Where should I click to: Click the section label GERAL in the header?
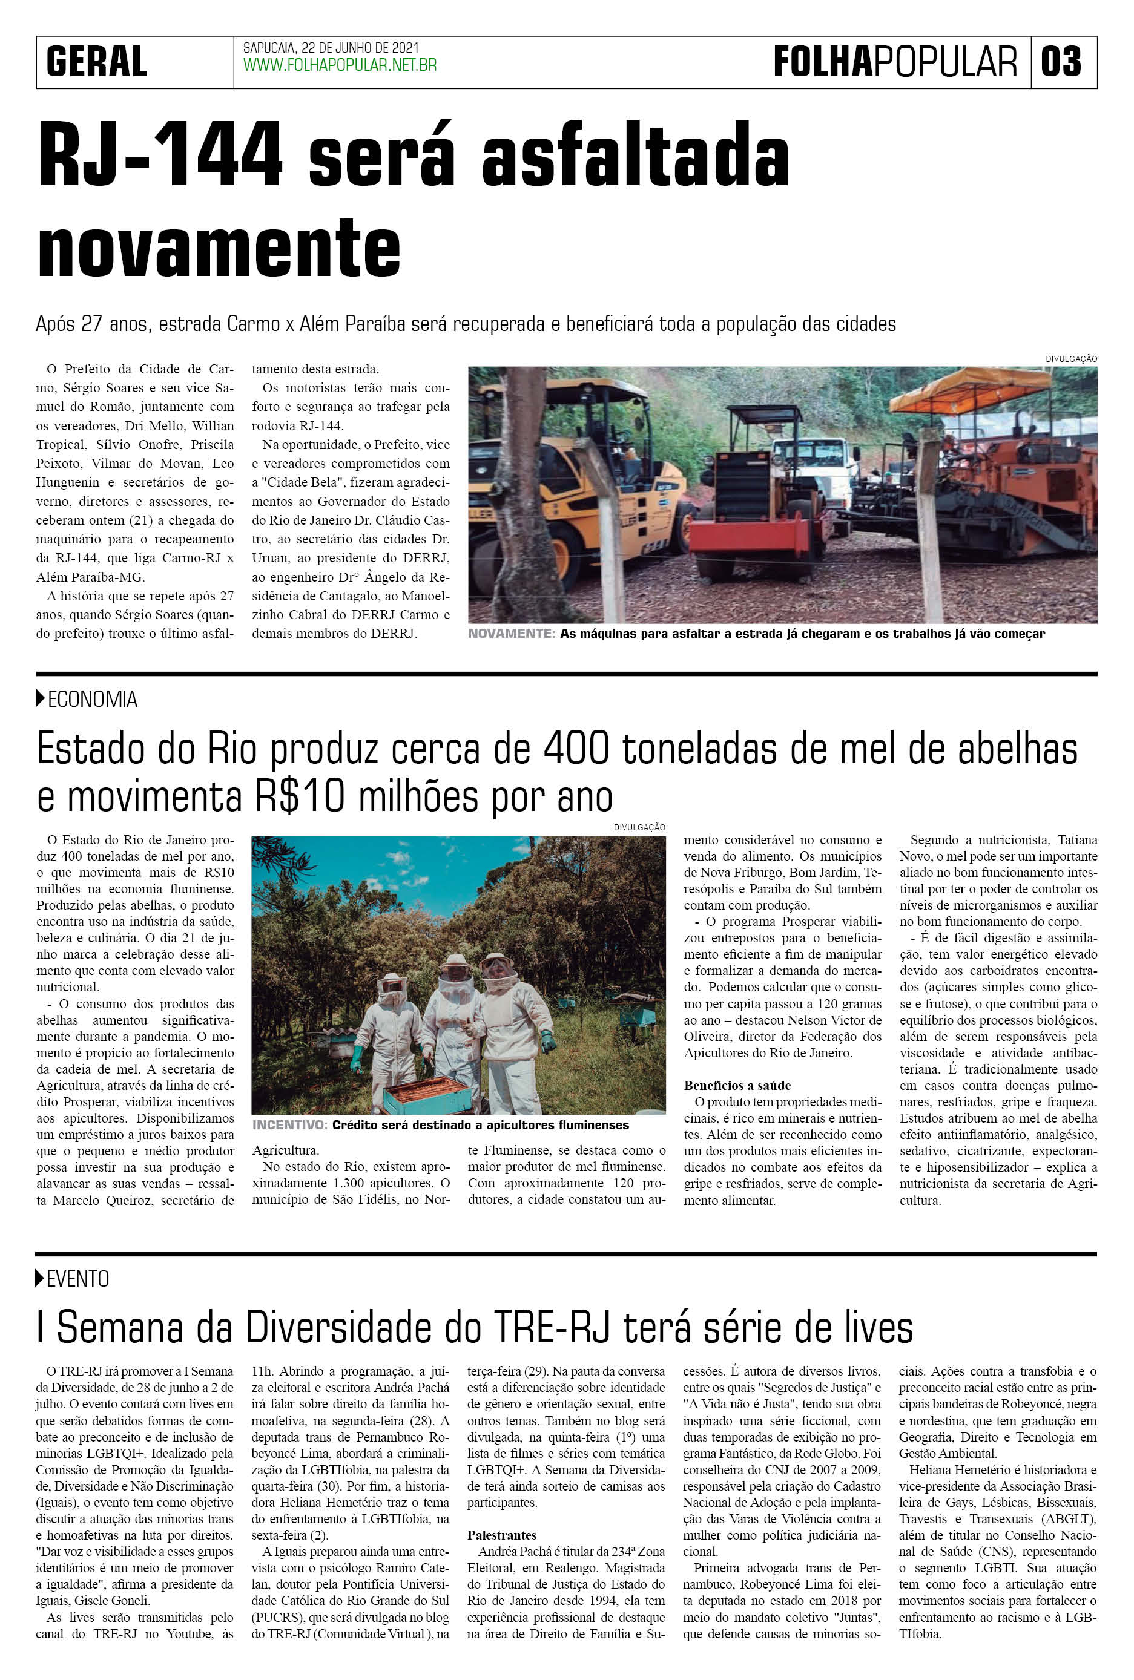tap(97, 62)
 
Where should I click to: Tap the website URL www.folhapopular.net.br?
tap(340, 66)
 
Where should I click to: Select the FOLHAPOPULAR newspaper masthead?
tap(895, 62)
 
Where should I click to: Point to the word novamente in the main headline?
tap(219, 248)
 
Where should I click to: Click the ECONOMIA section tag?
tap(92, 699)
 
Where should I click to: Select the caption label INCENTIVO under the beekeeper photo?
tap(289, 1125)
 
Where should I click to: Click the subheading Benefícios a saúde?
tap(737, 1085)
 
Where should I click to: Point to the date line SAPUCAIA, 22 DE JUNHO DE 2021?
tap(331, 48)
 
